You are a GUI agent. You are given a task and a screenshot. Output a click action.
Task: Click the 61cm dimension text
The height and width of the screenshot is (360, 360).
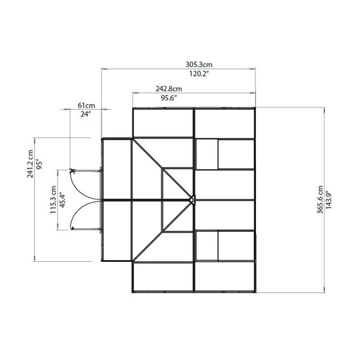pyautogui.click(x=86, y=105)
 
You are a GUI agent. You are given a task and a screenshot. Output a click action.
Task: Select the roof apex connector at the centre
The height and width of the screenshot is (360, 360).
pyautogui.click(x=192, y=199)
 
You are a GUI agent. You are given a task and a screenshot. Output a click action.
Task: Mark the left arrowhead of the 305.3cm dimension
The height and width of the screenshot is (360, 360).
pyautogui.click(x=103, y=69)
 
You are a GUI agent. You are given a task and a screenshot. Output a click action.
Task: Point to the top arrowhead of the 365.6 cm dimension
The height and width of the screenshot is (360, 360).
pyautogui.click(x=324, y=109)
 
